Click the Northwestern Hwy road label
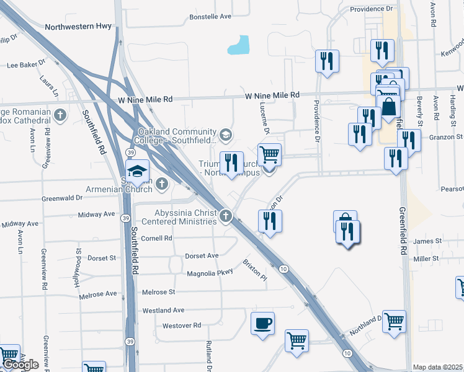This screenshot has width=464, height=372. click(78, 27)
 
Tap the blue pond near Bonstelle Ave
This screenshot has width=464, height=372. click(239, 45)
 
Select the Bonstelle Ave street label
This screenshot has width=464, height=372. click(210, 17)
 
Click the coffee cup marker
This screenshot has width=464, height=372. click(263, 323)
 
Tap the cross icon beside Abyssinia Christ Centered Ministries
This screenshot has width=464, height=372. click(226, 216)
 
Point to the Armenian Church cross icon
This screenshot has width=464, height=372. click(162, 183)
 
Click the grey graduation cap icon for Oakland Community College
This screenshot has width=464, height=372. click(226, 133)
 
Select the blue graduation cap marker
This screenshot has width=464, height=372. click(138, 172)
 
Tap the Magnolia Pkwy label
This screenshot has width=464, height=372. click(210, 273)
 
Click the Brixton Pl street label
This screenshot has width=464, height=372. click(254, 270)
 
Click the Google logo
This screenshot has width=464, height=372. click(20, 365)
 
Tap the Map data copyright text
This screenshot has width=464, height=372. click(438, 367)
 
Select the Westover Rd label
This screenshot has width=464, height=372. click(182, 325)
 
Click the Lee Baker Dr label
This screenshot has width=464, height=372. click(26, 64)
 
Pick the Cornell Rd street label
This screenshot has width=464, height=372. click(156, 238)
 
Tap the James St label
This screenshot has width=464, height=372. click(427, 241)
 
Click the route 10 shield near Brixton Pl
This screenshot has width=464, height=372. click(283, 268)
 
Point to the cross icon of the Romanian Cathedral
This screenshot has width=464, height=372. click(60, 115)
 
